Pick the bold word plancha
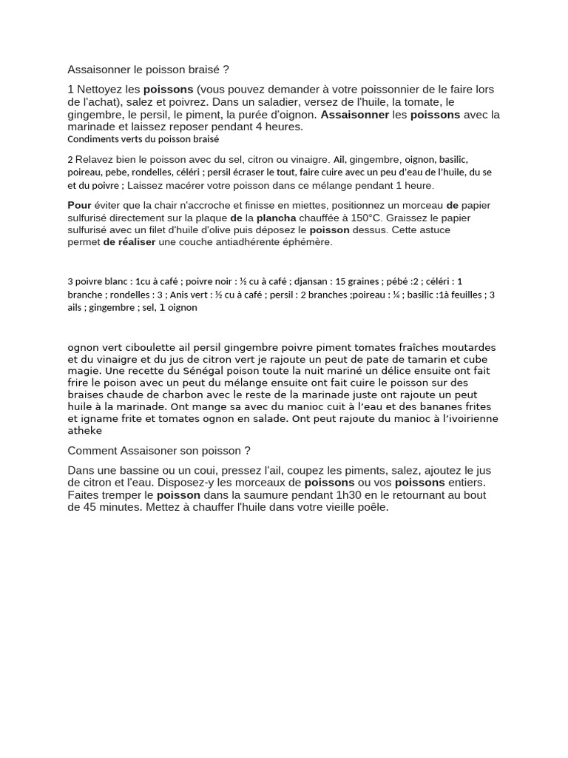(276, 218)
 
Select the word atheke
(84, 430)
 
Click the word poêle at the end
(374, 507)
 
